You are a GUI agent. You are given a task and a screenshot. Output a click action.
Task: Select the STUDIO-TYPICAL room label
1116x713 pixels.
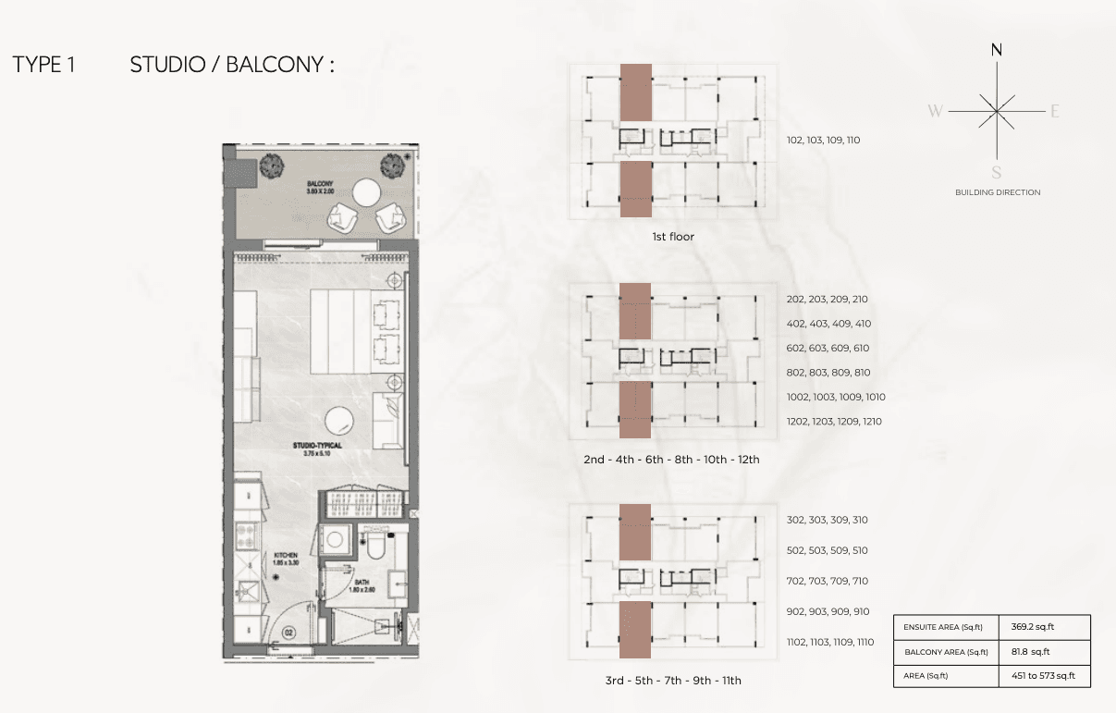click(x=317, y=446)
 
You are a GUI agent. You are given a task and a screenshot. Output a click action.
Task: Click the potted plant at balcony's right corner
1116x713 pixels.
click(x=394, y=166)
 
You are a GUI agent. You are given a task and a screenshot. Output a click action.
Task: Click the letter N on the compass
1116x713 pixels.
click(x=997, y=51)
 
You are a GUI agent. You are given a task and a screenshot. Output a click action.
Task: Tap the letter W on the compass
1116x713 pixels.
click(x=936, y=112)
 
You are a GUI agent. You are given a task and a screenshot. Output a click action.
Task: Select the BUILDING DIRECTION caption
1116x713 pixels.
click(x=998, y=192)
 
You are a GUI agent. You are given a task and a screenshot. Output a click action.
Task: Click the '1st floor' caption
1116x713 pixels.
click(x=672, y=237)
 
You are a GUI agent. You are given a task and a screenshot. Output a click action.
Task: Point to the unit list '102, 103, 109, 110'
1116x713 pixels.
click(x=823, y=141)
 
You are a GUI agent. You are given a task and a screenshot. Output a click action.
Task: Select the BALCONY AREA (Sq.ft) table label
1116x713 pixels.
click(x=945, y=652)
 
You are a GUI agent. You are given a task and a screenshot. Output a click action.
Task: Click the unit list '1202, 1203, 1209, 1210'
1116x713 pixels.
click(x=833, y=422)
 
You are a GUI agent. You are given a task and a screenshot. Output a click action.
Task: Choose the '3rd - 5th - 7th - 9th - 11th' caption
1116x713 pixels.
click(x=673, y=681)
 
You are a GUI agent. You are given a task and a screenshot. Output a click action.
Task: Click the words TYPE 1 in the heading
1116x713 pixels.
click(x=43, y=65)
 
